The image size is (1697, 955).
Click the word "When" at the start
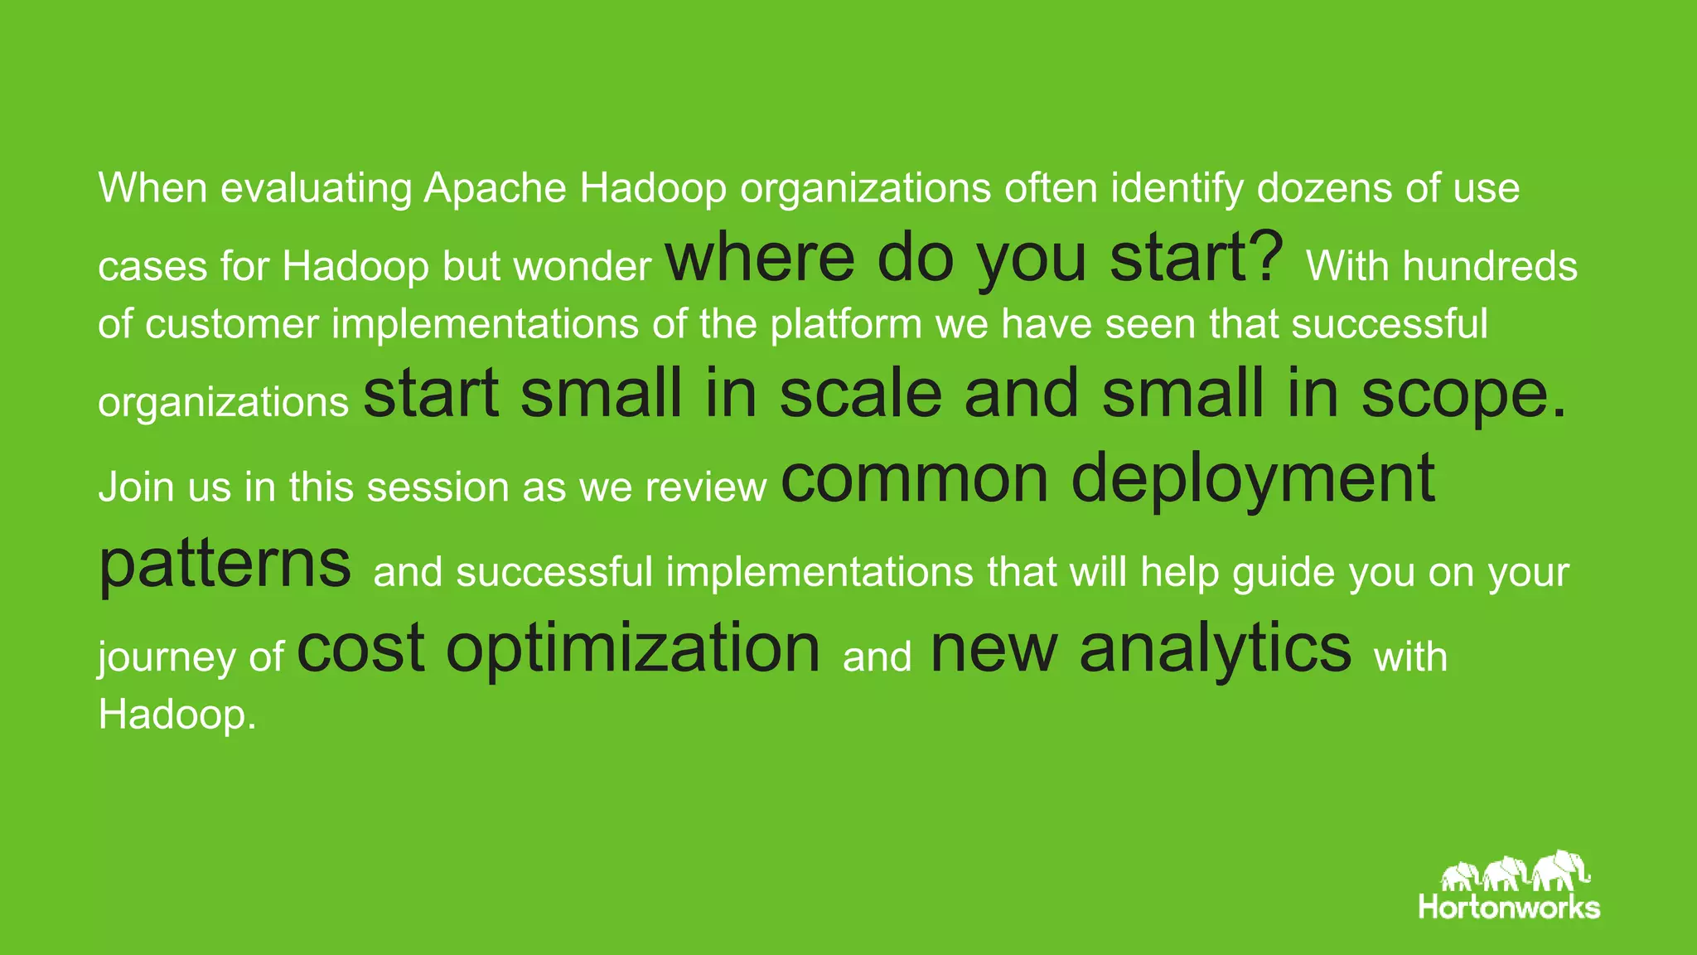152,188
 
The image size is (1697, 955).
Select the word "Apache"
495,188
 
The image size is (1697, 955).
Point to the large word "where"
760,257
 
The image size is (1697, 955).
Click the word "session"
438,487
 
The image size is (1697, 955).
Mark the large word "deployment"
1252,479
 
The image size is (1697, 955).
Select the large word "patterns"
225,565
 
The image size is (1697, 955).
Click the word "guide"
1283,573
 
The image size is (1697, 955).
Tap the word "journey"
167,657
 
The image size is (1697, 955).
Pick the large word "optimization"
632,648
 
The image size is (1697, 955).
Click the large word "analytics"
1215,648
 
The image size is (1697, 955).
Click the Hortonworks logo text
1508,907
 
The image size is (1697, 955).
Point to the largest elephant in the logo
1559,871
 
